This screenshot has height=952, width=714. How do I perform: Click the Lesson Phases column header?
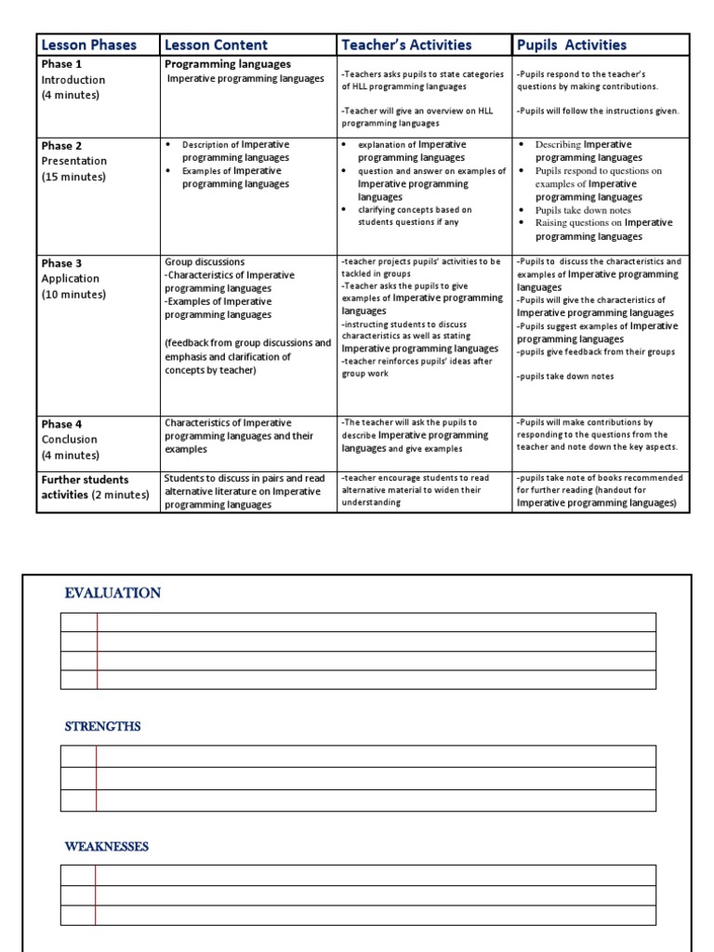coord(88,45)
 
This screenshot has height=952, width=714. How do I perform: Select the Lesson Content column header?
coord(216,45)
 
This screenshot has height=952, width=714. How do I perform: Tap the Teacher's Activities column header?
coord(406,45)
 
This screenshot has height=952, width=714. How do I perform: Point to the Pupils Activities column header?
coord(572,45)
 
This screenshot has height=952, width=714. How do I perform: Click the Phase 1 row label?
coord(61,64)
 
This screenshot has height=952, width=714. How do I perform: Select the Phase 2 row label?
coord(61,146)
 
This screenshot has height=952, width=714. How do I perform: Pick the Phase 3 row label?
coord(61,263)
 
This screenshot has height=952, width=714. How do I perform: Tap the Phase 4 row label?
coord(61,424)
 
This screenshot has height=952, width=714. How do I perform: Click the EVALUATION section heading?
coord(112,593)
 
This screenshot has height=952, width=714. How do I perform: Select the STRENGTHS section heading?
coord(102,726)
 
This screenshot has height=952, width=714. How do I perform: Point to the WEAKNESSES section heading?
coord(106,847)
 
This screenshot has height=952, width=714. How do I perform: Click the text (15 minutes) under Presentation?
coord(73,177)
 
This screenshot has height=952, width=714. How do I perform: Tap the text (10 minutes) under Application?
coord(73,295)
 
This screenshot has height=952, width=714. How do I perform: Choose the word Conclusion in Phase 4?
coord(69,440)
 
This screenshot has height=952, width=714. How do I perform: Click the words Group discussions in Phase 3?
coord(205,262)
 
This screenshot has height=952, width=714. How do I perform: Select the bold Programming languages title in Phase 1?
coord(228,64)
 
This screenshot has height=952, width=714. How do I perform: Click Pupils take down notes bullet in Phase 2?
coord(583,210)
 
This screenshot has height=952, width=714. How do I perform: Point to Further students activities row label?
coord(93,487)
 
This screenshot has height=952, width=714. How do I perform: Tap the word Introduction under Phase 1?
coord(73,80)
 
